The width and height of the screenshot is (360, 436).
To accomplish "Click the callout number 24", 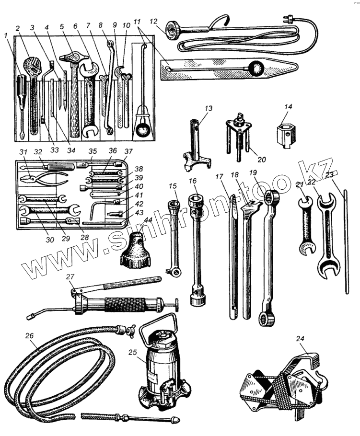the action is point(300,339).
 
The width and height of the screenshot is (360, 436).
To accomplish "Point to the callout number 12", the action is point(153,22).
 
